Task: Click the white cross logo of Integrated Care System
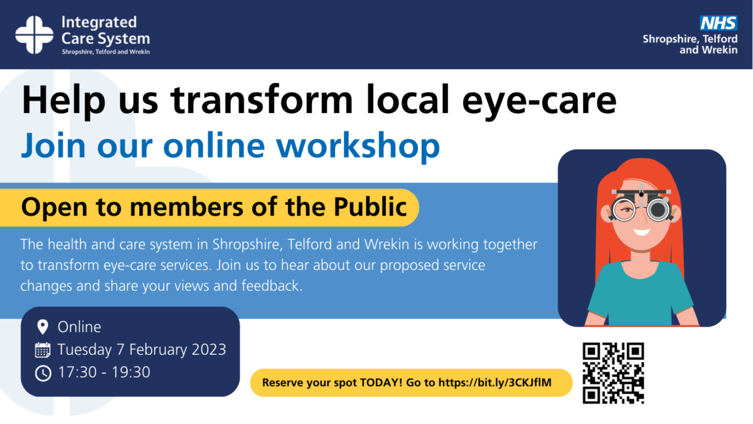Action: tap(35, 35)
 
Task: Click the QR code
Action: tap(613, 372)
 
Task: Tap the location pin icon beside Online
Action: tap(43, 327)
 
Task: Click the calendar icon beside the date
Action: tap(43, 350)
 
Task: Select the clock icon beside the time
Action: tap(43, 372)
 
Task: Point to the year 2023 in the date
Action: tap(206, 349)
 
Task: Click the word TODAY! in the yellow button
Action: tap(382, 383)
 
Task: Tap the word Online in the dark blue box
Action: tap(79, 327)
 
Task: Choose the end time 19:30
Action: tap(131, 372)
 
